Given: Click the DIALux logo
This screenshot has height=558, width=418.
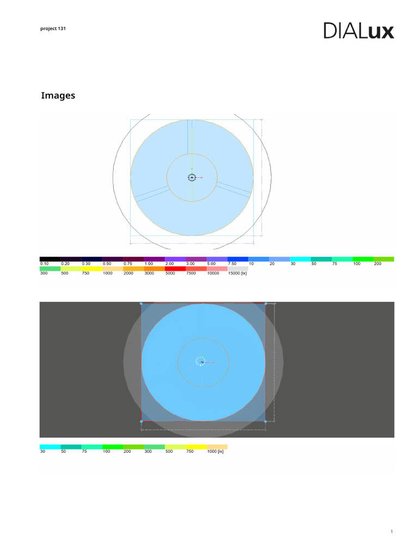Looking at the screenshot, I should coord(359,31).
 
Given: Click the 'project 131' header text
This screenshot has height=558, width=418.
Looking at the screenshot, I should coord(53,28).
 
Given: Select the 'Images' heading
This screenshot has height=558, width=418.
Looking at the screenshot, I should coord(58,96).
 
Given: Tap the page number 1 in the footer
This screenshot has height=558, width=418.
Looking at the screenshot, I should coord(391,532).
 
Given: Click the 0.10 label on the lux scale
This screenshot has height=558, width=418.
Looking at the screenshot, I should coord(45,264).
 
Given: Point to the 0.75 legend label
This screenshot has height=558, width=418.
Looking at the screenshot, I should coord(128,264).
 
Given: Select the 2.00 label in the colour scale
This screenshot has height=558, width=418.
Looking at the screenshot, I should coord(170,264).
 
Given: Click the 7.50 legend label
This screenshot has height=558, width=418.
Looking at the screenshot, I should coord(232,264).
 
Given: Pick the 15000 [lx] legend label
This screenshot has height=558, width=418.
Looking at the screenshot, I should coord(237,274).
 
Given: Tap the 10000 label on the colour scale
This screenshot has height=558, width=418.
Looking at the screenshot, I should coord(213,274).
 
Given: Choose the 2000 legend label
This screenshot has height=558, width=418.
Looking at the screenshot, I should coord(128,274).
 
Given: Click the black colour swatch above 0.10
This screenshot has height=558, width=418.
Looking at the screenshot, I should coord(50,259).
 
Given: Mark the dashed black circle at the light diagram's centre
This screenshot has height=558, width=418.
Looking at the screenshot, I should coord(192,177).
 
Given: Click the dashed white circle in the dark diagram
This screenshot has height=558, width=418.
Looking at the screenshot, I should coord(200,361).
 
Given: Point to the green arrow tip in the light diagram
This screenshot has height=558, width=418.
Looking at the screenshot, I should coord(192,168).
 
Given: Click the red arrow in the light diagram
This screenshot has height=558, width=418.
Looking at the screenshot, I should coord(200,178).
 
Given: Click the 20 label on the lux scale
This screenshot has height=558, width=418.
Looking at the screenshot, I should coord(272,264).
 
